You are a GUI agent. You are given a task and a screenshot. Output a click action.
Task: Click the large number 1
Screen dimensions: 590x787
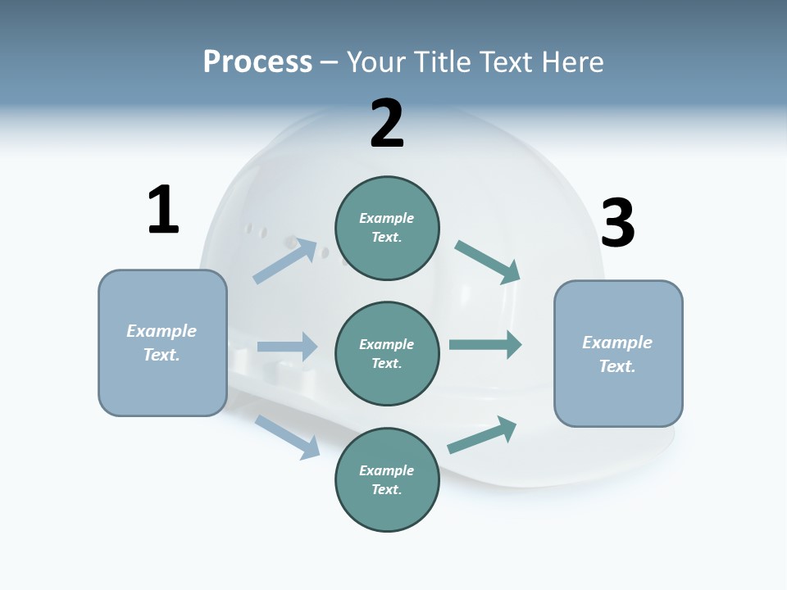pyautogui.click(x=163, y=210)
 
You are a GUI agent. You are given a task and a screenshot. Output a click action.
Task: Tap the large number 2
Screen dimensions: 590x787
pyautogui.click(x=387, y=124)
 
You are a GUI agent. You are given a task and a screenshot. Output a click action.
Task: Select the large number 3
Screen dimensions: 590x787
pyautogui.click(x=617, y=223)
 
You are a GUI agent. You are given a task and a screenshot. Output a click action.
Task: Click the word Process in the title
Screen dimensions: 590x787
pyautogui.click(x=257, y=61)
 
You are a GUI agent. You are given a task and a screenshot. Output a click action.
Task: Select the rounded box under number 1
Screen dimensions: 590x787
pyautogui.click(x=162, y=343)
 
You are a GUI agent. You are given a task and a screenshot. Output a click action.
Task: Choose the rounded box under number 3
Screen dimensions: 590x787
pyautogui.click(x=618, y=354)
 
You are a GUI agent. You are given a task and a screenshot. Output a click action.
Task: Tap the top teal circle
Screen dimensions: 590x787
pyautogui.click(x=387, y=228)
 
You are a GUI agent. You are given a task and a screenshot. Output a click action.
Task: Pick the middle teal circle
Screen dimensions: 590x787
pyautogui.click(x=387, y=353)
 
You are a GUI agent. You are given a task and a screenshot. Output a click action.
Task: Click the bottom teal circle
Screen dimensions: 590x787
pyautogui.click(x=387, y=480)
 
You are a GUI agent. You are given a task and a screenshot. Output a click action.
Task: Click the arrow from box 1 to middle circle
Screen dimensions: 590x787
pyautogui.click(x=287, y=347)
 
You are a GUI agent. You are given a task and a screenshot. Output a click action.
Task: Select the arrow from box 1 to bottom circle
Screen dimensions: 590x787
pyautogui.click(x=288, y=436)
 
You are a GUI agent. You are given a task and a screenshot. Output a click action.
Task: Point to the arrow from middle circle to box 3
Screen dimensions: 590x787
pyautogui.click(x=484, y=345)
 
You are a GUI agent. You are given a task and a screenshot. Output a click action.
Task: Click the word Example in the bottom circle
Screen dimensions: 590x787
pyautogui.click(x=387, y=470)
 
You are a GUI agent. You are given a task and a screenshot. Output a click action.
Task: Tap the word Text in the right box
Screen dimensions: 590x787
pyautogui.click(x=617, y=366)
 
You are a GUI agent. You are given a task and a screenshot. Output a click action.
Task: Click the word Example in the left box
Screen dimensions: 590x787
pyautogui.click(x=161, y=331)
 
